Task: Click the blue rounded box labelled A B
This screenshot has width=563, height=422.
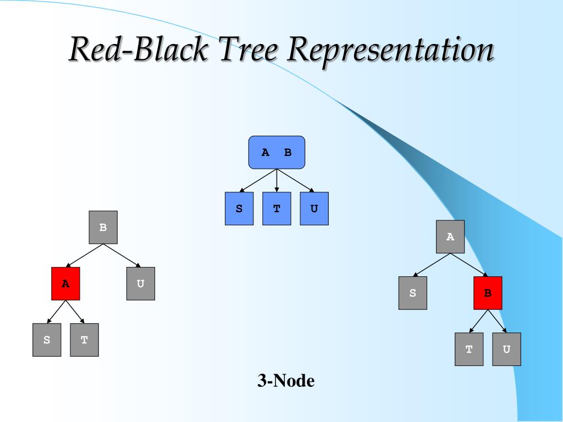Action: click(277, 152)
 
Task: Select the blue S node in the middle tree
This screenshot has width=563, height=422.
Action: click(239, 208)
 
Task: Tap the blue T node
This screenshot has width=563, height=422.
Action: click(277, 208)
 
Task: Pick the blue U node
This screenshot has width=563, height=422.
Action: click(314, 208)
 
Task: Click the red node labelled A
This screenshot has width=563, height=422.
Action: click(66, 284)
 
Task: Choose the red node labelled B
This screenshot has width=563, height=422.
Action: click(488, 293)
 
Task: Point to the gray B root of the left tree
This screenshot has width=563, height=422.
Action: click(103, 227)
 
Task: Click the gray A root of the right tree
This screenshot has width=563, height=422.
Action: click(450, 236)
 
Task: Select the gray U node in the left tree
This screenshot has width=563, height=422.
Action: click(141, 284)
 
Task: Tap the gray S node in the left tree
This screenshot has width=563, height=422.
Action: click(47, 340)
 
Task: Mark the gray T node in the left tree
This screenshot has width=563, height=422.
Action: click(84, 340)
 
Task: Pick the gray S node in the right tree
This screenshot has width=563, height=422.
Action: click(413, 293)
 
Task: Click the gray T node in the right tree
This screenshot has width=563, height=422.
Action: click(469, 349)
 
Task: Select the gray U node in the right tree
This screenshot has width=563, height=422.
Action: click(506, 349)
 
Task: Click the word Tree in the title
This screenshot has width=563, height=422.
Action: click(248, 48)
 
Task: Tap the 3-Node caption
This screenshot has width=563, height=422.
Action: click(286, 380)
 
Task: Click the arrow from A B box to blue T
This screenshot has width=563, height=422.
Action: click(277, 180)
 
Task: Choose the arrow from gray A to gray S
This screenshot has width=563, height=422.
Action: click(432, 265)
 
